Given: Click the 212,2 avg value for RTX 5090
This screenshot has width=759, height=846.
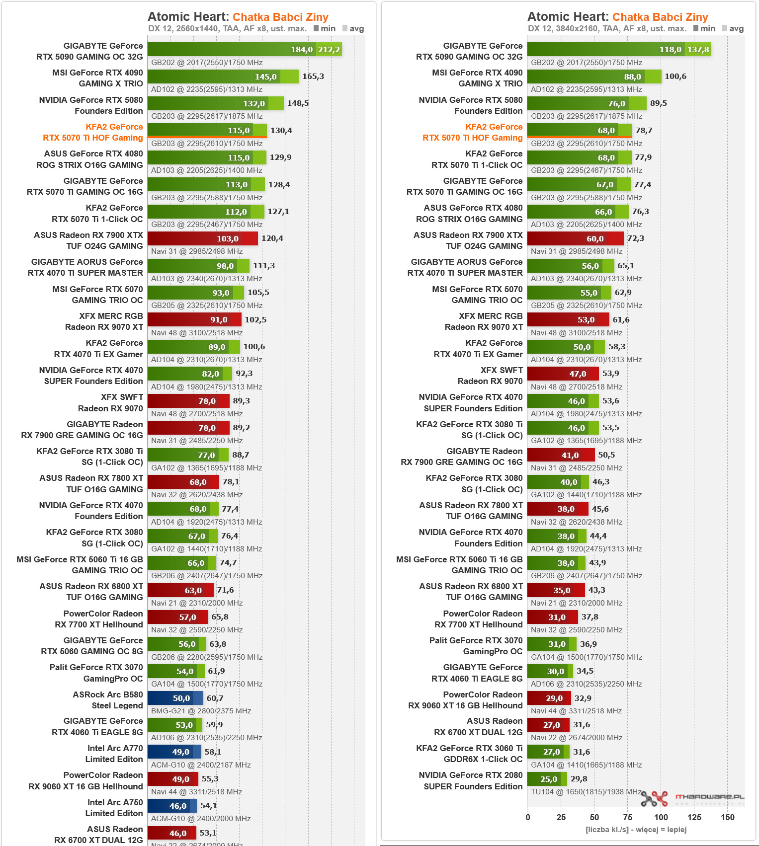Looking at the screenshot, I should (329, 50).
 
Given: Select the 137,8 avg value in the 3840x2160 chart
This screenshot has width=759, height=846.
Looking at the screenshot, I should (698, 50).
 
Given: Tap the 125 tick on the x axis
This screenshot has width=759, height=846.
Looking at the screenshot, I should (694, 818).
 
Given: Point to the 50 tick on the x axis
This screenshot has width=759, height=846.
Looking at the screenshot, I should (594, 818).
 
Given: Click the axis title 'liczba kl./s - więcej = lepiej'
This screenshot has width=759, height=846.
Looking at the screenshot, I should (636, 830).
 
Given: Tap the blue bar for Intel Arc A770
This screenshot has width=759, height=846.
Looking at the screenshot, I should (174, 752).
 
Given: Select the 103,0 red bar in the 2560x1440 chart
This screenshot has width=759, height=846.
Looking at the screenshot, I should (202, 238).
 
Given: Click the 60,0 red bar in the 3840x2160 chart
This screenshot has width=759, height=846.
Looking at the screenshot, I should (575, 238).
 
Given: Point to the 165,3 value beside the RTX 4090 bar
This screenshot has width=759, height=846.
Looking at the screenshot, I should (313, 77).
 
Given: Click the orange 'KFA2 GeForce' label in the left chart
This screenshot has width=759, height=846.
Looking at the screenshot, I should (114, 127).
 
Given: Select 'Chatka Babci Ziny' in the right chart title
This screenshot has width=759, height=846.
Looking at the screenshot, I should (660, 17).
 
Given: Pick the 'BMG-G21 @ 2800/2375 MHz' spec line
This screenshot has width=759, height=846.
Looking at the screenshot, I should (201, 711).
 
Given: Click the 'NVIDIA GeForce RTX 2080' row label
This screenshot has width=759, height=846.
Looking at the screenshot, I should (470, 775).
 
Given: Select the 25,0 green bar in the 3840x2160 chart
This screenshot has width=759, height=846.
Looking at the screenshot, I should (544, 779).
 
